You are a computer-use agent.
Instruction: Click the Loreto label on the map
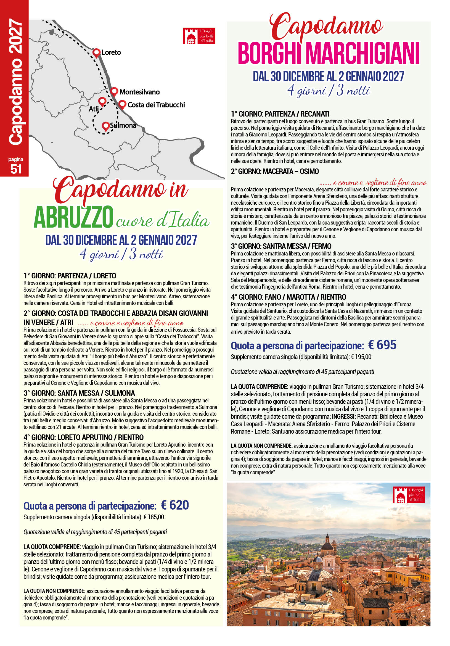pos(111,52)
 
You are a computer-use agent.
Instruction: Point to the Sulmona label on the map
pos(123,125)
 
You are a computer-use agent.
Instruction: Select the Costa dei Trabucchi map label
pos(156,105)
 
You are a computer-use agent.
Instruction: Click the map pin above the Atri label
pos(102,101)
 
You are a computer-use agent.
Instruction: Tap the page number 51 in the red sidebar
pos(16,169)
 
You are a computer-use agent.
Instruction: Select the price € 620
pos(175,506)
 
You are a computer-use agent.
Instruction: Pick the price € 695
pos(382,345)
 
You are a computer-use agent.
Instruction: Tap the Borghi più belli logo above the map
pos(198,36)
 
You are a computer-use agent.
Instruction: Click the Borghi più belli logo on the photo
pos(408,495)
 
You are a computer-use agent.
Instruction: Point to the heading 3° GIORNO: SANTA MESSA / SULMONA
pos(79,393)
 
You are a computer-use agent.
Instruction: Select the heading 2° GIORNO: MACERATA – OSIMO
pos(275,171)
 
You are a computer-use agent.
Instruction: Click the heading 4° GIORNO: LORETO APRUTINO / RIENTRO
pos(84,437)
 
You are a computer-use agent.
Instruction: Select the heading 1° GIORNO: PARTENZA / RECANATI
pos(280,114)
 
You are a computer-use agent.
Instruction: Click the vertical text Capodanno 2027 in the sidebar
pos(15,81)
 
